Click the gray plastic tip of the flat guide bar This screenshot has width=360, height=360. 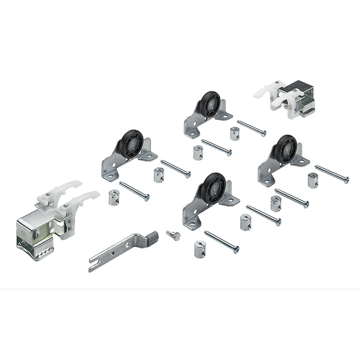(153, 235)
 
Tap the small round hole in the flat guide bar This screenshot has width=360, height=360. (113, 252)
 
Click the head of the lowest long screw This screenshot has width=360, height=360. (236, 250)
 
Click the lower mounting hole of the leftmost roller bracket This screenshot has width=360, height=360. (111, 176)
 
